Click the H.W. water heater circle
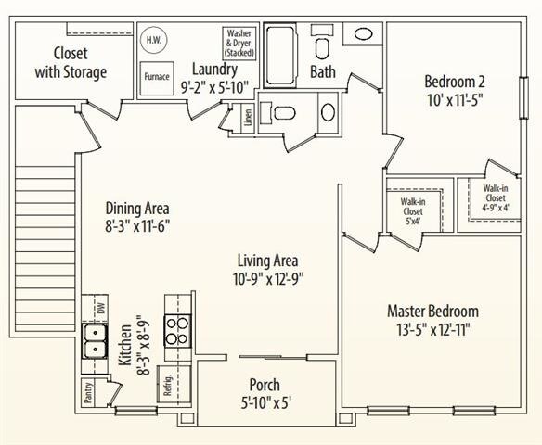point(154,40)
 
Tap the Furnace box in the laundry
point(157,78)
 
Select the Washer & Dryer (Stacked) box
point(239,44)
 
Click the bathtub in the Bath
point(280,56)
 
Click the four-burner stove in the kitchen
point(177,330)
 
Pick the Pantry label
point(88,392)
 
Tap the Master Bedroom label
point(432,311)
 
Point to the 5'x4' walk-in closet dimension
point(413,221)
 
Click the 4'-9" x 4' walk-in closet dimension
point(496,208)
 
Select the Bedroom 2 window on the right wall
point(524,97)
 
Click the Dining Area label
point(137,209)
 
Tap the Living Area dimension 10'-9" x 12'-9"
point(268,279)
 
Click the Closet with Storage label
point(71,63)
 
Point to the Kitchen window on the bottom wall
point(136,411)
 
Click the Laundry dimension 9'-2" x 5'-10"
point(215,88)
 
